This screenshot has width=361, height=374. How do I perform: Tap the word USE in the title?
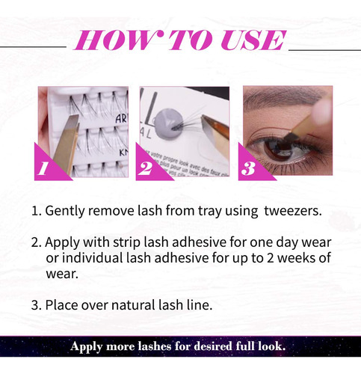pyautogui.click(x=253, y=40)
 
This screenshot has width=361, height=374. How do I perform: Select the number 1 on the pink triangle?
pyautogui.click(x=43, y=168)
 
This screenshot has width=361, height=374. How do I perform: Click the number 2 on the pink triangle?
pyautogui.click(x=146, y=168)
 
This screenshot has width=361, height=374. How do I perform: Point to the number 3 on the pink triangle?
pyautogui.click(x=248, y=168)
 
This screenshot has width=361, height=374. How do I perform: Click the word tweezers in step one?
pyautogui.click(x=293, y=211)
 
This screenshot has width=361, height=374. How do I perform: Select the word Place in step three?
pyautogui.click(x=61, y=305)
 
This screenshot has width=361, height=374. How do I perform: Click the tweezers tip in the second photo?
pyautogui.click(x=203, y=117)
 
